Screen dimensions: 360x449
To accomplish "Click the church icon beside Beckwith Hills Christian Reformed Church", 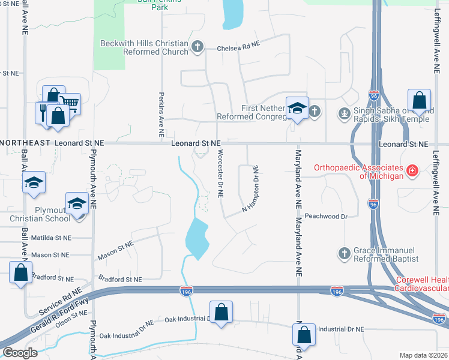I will (197, 46).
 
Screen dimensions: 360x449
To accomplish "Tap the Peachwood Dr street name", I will (326, 216).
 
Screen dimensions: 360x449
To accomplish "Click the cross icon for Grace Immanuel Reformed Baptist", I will (345, 253).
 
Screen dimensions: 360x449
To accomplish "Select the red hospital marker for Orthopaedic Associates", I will (412, 171).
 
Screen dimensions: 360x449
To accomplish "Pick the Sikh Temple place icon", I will (344, 112).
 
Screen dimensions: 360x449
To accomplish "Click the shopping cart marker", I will (70, 103).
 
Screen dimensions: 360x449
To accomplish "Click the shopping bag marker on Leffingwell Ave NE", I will (419, 100).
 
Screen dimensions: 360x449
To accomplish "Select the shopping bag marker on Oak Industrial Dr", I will (221, 311).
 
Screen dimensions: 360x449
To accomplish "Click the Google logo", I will (20, 352).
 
